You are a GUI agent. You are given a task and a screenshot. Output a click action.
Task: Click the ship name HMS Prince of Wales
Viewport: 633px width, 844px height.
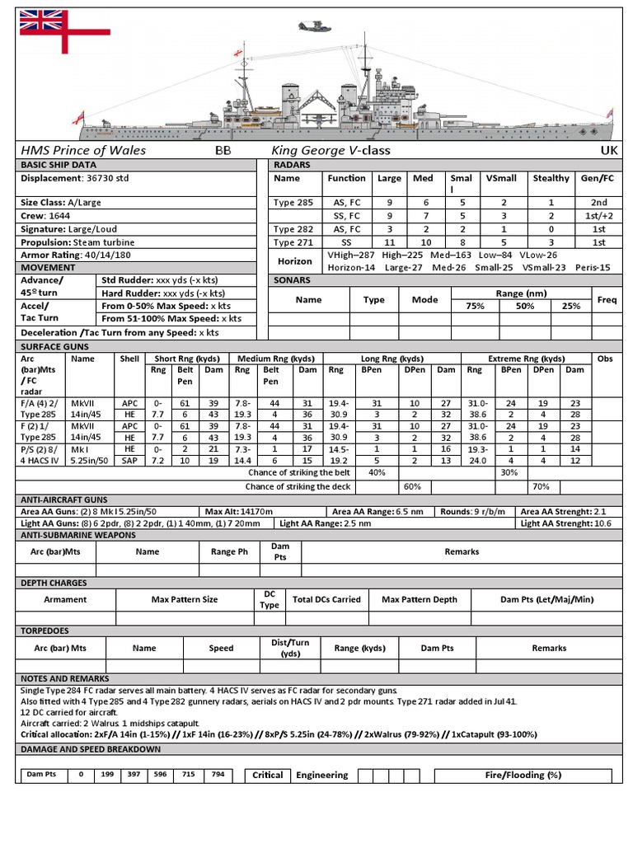pyautogui.click(x=83, y=150)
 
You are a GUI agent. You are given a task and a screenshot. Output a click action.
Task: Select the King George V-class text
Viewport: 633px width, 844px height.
pyautogui.click(x=331, y=150)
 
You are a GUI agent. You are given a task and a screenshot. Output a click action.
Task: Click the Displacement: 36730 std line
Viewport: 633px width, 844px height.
pyautogui.click(x=75, y=178)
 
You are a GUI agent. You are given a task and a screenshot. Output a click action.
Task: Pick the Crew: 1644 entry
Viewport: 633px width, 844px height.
pyautogui.click(x=46, y=215)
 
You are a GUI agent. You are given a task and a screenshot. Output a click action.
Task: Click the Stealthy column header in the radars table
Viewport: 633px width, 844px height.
pyautogui.click(x=551, y=178)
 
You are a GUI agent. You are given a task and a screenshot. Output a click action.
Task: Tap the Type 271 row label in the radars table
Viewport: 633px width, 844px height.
pyautogui.click(x=295, y=242)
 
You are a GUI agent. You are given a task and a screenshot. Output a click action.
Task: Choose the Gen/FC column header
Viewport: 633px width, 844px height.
pyautogui.click(x=598, y=178)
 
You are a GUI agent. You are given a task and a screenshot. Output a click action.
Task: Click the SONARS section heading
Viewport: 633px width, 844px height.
pyautogui.click(x=293, y=280)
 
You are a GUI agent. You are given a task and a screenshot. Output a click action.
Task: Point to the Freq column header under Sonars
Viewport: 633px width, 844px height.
pyautogui.click(x=607, y=299)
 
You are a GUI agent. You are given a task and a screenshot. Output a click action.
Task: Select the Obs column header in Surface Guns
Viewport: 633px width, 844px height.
pyautogui.click(x=605, y=359)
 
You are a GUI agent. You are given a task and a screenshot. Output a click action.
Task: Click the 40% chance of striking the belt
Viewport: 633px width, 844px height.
pyautogui.click(x=377, y=472)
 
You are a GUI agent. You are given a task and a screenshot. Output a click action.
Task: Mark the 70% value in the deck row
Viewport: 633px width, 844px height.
pyautogui.click(x=541, y=486)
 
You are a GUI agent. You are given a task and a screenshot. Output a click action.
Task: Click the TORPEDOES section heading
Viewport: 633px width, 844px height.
pyautogui.click(x=45, y=630)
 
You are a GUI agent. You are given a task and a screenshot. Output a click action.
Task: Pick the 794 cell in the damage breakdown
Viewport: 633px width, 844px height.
pyautogui.click(x=217, y=775)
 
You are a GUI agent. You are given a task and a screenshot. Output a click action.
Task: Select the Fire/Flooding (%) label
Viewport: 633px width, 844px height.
pyautogui.click(x=523, y=775)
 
